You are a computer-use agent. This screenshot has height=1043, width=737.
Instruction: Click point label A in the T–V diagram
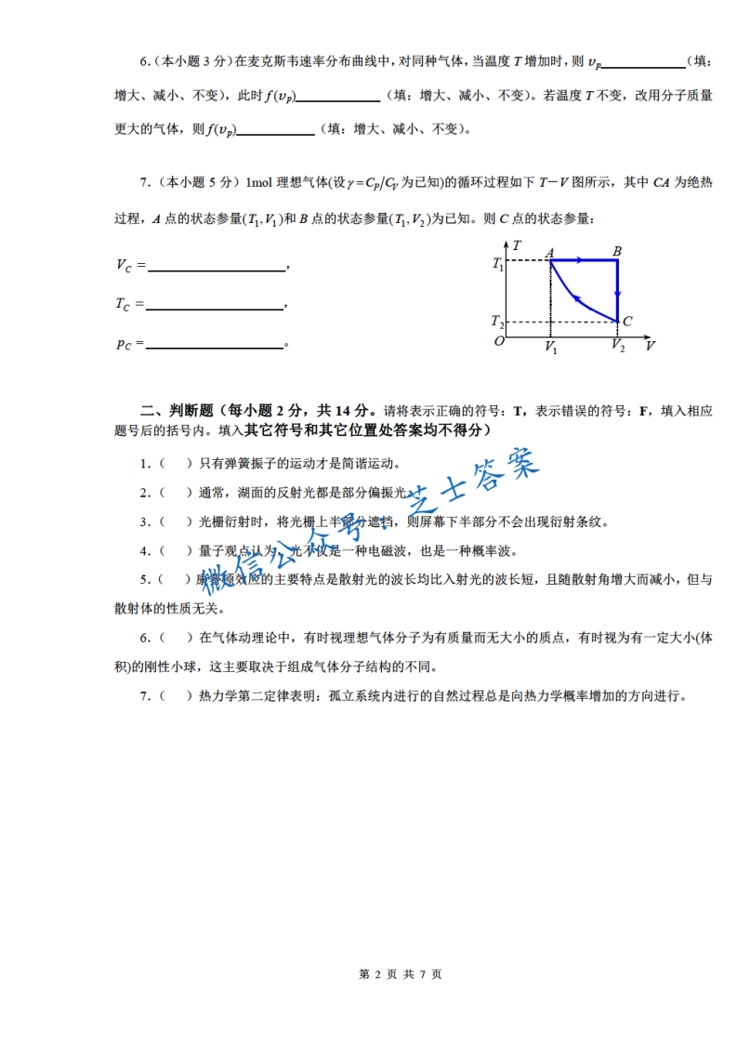[550, 252]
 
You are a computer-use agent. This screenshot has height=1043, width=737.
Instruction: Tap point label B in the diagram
[617, 251]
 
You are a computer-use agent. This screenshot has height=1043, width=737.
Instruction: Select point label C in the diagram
[628, 322]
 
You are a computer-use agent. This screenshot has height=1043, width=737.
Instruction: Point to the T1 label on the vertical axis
[498, 264]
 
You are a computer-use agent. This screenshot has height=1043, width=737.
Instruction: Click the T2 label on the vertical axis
[498, 323]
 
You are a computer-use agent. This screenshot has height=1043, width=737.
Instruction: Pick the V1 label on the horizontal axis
[551, 348]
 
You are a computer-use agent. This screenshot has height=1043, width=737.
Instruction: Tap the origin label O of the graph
[499, 341]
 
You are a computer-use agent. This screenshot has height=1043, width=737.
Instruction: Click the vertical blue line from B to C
[619, 290]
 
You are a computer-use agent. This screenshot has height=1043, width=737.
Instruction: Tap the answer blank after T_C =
[215, 305]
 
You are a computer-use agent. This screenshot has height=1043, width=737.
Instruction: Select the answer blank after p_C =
[215, 345]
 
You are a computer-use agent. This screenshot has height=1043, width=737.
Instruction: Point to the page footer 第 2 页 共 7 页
[400, 974]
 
